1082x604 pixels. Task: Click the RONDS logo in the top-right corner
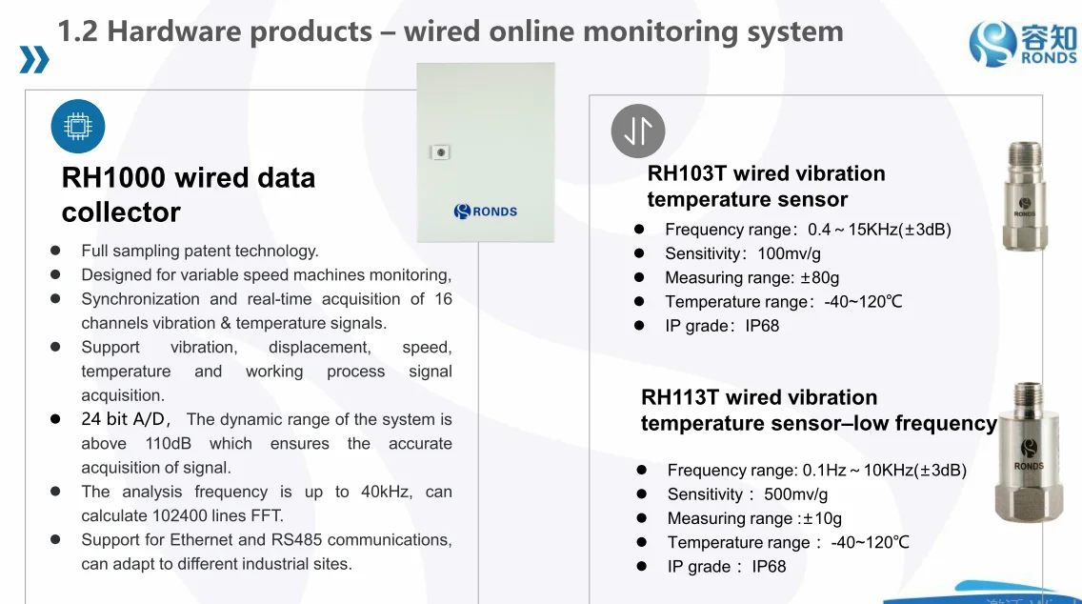[1022, 44]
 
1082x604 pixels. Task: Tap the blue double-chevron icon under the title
[34, 60]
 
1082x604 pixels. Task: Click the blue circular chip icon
[77, 127]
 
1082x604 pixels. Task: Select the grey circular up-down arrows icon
[637, 131]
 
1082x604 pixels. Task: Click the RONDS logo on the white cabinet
[486, 211]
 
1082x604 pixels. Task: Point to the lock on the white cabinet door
[439, 152]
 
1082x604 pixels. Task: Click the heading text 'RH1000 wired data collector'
[188, 194]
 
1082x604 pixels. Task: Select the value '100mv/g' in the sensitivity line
[789, 253]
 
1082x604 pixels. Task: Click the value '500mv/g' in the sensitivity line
[795, 494]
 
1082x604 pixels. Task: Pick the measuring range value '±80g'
[819, 277]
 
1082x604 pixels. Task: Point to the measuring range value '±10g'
[823, 518]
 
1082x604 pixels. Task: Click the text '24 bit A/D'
[125, 419]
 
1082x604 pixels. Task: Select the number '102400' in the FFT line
[181, 515]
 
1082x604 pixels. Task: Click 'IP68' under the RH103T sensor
[762, 326]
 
